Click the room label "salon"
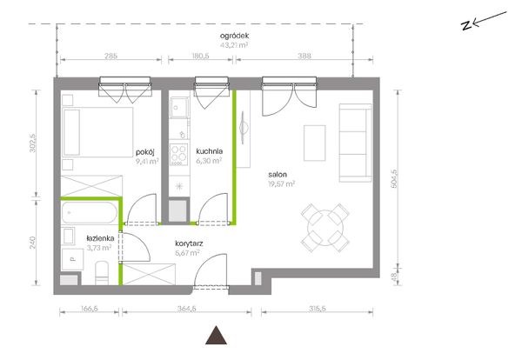278,174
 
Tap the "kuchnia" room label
209,151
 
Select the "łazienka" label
100,238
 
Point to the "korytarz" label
189,243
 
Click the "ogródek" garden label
234,36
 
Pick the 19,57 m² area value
282,184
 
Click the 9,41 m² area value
147,162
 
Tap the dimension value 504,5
394,178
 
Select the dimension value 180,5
200,56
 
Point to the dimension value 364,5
186,309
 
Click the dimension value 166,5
90,309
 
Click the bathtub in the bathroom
90,213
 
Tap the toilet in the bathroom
102,273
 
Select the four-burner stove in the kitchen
178,155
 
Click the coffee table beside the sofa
315,143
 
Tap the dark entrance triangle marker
216,335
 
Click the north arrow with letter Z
484,21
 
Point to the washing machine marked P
72,259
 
